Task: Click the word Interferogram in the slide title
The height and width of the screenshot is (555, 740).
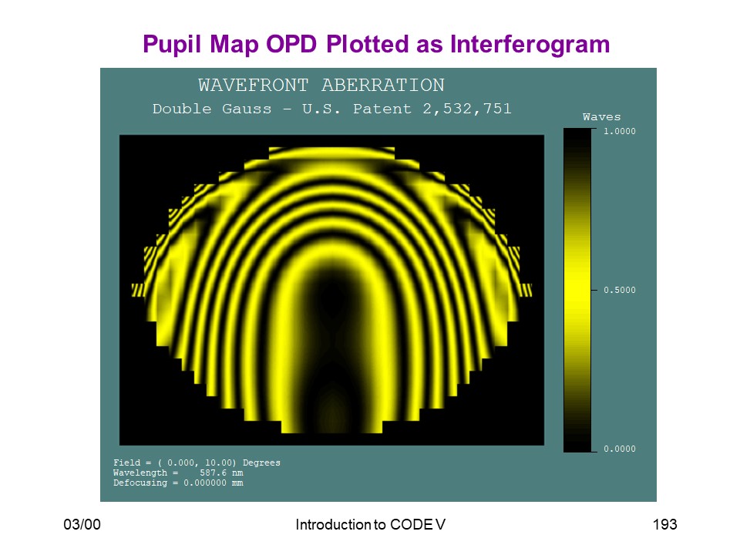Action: (x=530, y=45)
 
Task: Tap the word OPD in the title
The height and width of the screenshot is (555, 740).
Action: (x=291, y=45)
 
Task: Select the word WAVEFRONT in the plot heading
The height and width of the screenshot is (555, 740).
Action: (x=254, y=86)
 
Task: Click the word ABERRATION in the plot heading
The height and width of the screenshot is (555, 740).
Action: (x=383, y=86)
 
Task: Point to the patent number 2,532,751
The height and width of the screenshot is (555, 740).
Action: (x=467, y=109)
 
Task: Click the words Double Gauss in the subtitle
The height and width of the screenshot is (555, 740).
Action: (x=212, y=109)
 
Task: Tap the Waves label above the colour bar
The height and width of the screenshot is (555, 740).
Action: (x=602, y=117)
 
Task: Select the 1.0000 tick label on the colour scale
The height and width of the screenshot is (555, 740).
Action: (x=620, y=131)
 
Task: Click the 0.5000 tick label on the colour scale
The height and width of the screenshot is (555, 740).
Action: (x=620, y=290)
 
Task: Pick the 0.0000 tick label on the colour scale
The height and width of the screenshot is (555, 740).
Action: (x=620, y=449)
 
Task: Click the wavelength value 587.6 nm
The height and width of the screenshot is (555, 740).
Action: (x=221, y=473)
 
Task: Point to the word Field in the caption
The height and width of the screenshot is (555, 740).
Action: (x=127, y=462)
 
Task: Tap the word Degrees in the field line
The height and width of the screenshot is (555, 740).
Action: (x=261, y=463)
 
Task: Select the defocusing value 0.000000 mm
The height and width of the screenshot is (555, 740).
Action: (x=214, y=483)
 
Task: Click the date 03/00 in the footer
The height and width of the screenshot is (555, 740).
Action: (x=82, y=524)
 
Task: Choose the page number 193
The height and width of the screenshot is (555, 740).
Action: (x=665, y=524)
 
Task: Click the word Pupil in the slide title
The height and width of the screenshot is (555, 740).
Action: (x=173, y=45)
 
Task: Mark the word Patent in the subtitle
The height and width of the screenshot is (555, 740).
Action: (x=382, y=109)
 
